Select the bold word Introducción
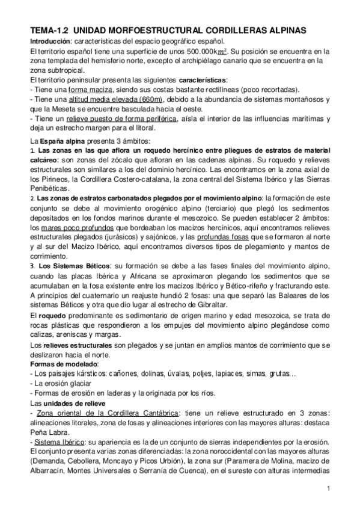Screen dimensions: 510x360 point(50,40)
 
